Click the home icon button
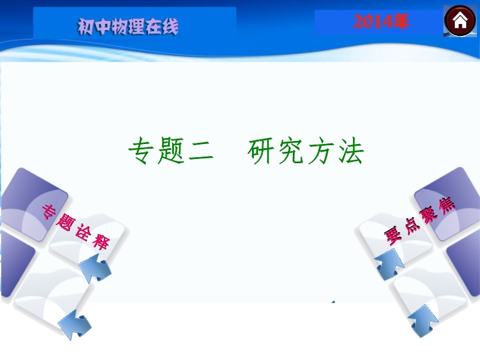point(460,21)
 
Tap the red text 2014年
point(380,22)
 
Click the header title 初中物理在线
point(128,26)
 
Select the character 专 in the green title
point(141,151)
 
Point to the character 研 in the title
point(261,151)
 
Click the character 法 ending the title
point(351,151)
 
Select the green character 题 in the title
point(171,151)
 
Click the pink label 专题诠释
point(76,227)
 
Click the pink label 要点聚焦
point(419,221)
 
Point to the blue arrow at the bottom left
point(74,325)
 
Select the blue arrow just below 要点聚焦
point(389,264)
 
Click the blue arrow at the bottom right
point(424,321)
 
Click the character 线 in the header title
point(170,26)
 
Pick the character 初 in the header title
point(85,26)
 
